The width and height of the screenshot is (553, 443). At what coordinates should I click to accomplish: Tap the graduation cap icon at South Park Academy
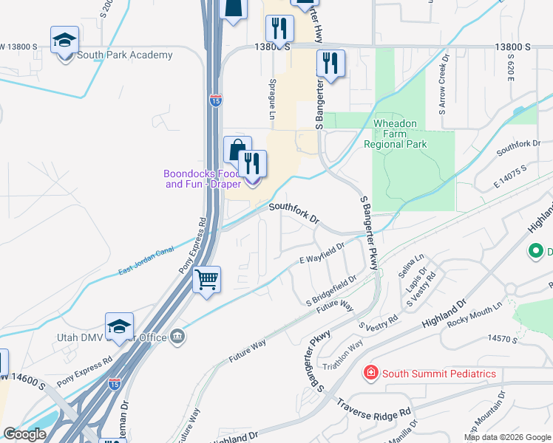pos(65,40)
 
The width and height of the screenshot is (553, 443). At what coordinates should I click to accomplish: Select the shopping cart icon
pos(207,280)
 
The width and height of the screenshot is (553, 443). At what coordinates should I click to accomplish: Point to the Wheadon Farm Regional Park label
pos(396,134)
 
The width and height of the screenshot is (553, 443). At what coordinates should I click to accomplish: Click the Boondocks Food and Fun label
pos(202,179)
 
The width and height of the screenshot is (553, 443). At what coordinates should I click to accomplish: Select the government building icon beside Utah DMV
pos(177,337)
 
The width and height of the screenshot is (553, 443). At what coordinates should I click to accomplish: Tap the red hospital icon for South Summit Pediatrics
pos(370,374)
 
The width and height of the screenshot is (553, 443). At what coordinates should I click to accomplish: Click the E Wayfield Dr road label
pos(322,253)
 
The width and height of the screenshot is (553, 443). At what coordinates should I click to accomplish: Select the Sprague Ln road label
pos(272,98)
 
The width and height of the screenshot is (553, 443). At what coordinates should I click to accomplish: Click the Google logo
pos(24,434)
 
